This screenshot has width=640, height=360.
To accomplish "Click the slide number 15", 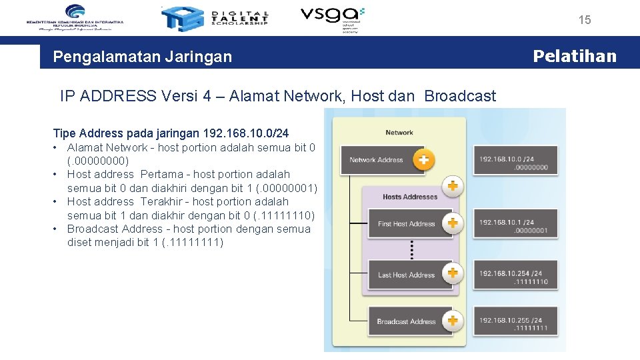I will click(x=585, y=20).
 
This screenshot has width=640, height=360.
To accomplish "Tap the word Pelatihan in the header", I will click(x=575, y=56).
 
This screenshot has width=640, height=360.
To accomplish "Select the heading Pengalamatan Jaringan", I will click(x=143, y=57).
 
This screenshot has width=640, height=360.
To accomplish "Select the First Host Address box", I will click(x=406, y=224).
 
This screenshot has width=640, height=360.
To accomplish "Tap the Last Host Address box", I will click(x=406, y=275).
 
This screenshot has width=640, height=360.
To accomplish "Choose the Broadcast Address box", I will click(x=406, y=321).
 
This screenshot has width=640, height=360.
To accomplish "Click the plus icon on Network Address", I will click(x=423, y=160).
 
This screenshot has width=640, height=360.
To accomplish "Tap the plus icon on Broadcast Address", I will click(x=453, y=321).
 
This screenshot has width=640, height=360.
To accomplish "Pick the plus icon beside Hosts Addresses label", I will click(x=453, y=186).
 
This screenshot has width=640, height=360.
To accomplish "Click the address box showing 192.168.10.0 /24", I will click(x=513, y=163).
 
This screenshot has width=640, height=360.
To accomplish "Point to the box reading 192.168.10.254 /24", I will click(x=513, y=277).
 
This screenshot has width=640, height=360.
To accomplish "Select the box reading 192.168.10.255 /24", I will click(x=513, y=323).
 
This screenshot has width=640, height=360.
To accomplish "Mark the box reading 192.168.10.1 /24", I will click(x=513, y=226).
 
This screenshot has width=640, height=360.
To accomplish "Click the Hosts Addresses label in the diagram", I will click(x=410, y=197).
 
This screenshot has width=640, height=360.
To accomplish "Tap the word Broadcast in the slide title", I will click(x=460, y=96).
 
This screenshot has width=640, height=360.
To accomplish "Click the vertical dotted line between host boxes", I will click(x=412, y=249).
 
